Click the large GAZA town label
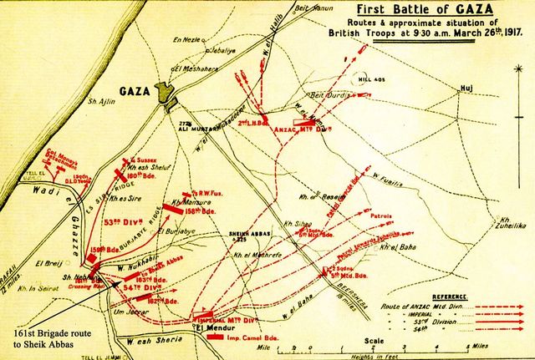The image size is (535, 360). click(x=138, y=89)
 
